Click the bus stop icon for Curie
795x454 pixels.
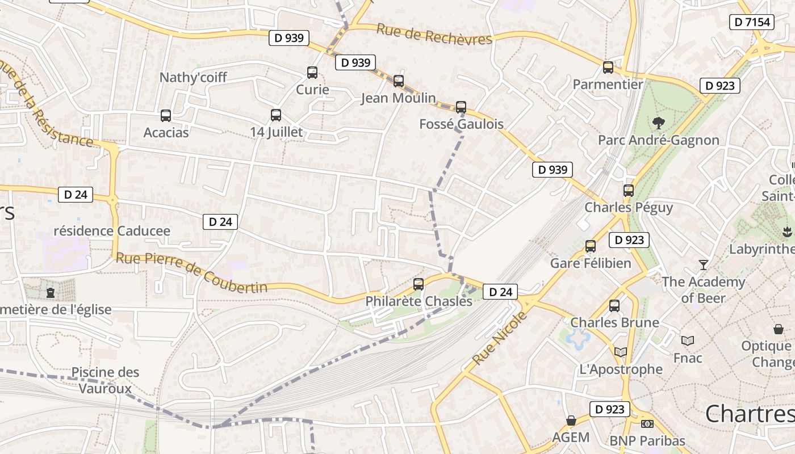(312, 73)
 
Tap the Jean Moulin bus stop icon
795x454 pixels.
(399, 81)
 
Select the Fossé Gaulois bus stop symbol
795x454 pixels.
(461, 107)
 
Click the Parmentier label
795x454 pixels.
(608, 85)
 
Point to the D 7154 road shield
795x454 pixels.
(752, 22)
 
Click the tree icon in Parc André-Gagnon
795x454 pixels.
(659, 122)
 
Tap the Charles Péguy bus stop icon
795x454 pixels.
(629, 191)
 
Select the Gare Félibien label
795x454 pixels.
(591, 263)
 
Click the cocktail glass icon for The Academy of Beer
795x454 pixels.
(704, 264)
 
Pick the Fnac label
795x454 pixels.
(688, 358)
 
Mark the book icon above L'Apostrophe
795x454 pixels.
(621, 352)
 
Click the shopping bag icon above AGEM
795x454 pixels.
(571, 421)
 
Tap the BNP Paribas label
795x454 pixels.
(647, 440)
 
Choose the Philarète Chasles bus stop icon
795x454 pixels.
(419, 284)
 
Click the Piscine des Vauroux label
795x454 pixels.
(105, 380)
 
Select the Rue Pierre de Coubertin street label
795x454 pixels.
(191, 272)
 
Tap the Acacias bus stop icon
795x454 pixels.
(166, 116)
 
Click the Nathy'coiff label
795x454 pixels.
(193, 77)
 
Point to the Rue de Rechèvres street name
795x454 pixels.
(434, 35)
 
